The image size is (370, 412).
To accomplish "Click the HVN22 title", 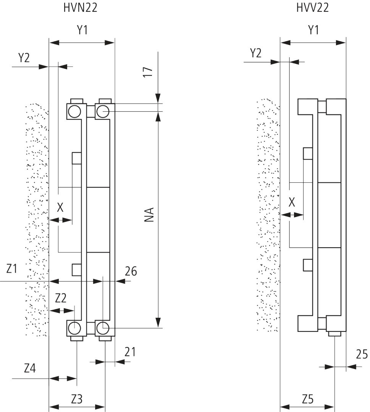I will tap(80, 8).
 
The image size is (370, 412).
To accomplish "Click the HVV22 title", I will tap(312, 8).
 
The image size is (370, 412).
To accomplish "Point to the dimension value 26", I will tap(131, 271).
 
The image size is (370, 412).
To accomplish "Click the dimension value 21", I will tap(130, 351).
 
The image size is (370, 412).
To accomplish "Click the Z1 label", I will tap(12, 269).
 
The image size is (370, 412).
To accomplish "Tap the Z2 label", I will tap(61, 298).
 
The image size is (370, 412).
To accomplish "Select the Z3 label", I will tap(77, 399).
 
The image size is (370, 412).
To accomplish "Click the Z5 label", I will tap(307, 399).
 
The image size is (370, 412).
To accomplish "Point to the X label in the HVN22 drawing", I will tap(60, 208).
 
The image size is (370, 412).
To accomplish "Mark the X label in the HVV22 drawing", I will tap(292, 203).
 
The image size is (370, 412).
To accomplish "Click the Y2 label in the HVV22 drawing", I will tap(255, 53).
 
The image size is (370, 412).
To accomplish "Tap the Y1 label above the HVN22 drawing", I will tap(82, 31).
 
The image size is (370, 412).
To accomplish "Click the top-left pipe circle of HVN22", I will tap(74, 111).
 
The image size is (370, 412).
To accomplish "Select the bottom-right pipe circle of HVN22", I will tap(103, 327).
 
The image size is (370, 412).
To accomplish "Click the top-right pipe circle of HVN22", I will tap(103, 111).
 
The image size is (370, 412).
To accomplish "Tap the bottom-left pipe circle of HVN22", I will tap(74, 327).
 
